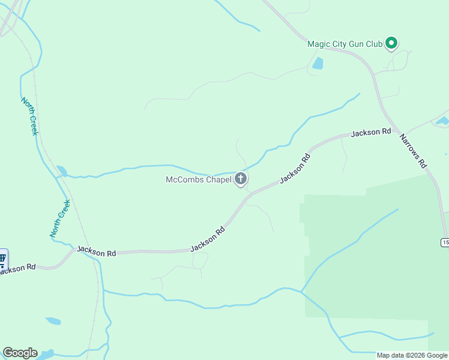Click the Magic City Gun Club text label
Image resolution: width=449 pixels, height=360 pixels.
[x=345, y=44]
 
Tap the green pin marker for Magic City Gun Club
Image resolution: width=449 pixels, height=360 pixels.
[x=392, y=43]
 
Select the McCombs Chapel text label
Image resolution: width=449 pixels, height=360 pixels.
[x=198, y=179]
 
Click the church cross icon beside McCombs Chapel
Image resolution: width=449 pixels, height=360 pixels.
[x=241, y=179]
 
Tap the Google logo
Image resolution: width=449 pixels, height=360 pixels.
[x=20, y=353]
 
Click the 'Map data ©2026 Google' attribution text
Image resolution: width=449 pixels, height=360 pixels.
[x=412, y=355]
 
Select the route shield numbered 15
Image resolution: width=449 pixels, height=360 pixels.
[x=445, y=242]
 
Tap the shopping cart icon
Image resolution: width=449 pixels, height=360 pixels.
[x=2, y=259]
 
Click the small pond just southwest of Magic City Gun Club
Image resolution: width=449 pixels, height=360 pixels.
[x=317, y=63]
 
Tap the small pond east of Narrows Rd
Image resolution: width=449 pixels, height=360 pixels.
[x=442, y=121]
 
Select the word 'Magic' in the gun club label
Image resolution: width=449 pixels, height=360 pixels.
[x=319, y=44]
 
